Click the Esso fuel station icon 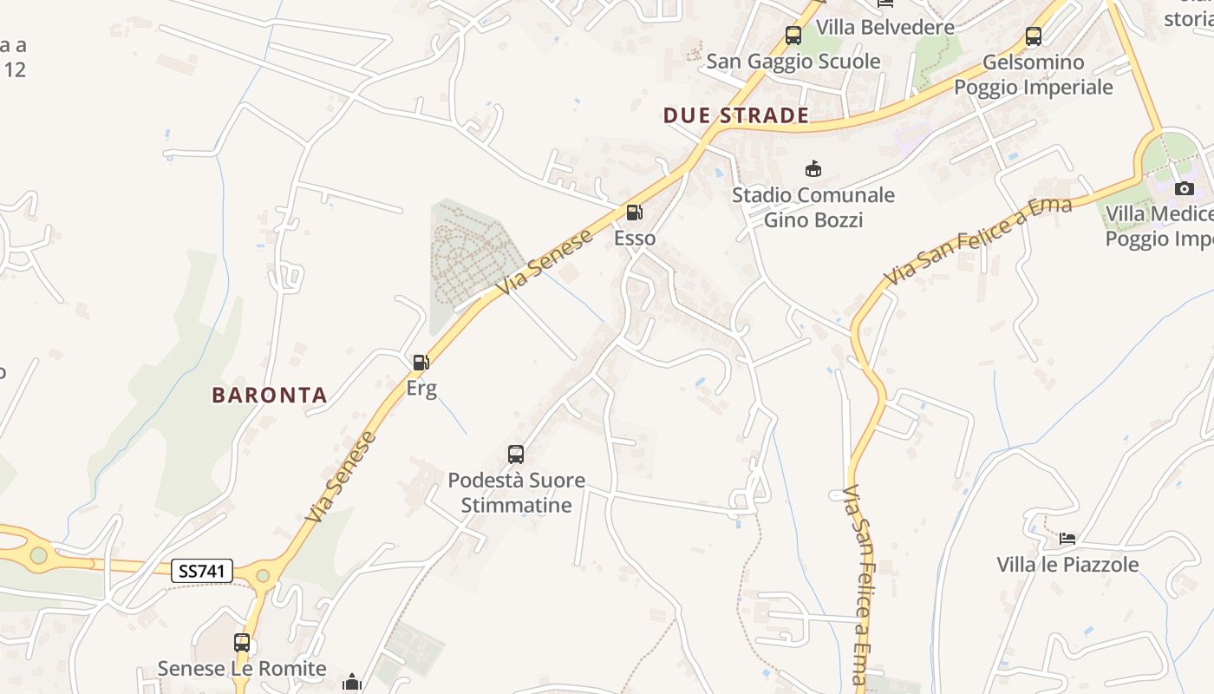pyautogui.click(x=635, y=213)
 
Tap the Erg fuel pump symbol pyautogui.click(x=421, y=363)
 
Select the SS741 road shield pyautogui.click(x=202, y=571)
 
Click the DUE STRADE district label pyautogui.click(x=736, y=115)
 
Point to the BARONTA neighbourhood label pyautogui.click(x=270, y=396)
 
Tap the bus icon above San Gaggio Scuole pyautogui.click(x=793, y=36)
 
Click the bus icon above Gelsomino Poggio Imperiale pyautogui.click(x=1033, y=36)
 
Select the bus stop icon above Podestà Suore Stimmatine pyautogui.click(x=516, y=454)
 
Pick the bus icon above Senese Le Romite pyautogui.click(x=242, y=643)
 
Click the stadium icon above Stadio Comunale pyautogui.click(x=813, y=168)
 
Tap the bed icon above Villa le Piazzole pyautogui.click(x=1067, y=539)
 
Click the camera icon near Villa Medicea pyautogui.click(x=1184, y=188)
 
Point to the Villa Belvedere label pyautogui.click(x=885, y=27)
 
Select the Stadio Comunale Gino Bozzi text pyautogui.click(x=813, y=207)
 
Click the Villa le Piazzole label pyautogui.click(x=1067, y=565)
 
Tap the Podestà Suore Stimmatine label pyautogui.click(x=516, y=493)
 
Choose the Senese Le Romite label pyautogui.click(x=242, y=669)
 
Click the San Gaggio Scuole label pyautogui.click(x=793, y=62)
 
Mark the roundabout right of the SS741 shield pyautogui.click(x=263, y=574)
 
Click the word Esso pyautogui.click(x=635, y=239)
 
